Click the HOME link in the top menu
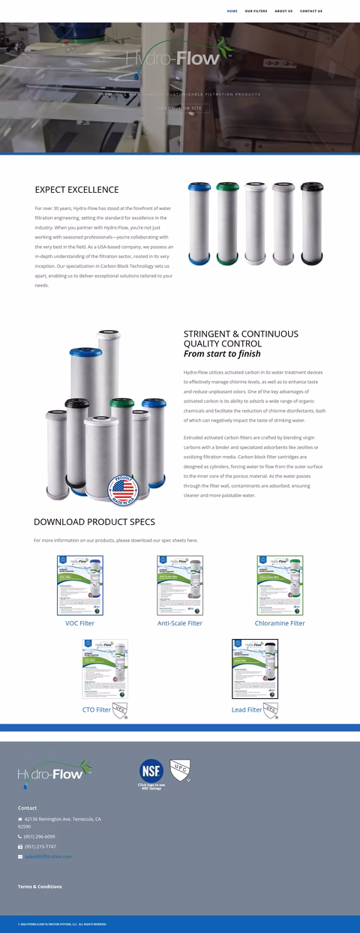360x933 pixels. (x=232, y=11)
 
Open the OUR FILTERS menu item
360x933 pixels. (x=256, y=11)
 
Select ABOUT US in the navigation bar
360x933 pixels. (x=283, y=11)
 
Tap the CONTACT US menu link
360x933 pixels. (x=311, y=11)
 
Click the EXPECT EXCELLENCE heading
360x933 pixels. (x=76, y=190)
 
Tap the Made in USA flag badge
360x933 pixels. (x=124, y=490)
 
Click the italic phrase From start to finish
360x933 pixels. (x=222, y=354)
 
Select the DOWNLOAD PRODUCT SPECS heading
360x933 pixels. (x=94, y=522)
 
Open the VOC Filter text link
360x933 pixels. (x=80, y=623)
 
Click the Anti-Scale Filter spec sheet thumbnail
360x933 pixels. (x=180, y=586)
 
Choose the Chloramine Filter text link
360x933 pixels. (x=280, y=623)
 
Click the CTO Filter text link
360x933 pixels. (x=97, y=709)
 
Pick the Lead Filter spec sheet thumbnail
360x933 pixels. (x=254, y=669)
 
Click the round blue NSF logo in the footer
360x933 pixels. (x=151, y=770)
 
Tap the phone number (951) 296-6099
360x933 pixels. (x=40, y=836)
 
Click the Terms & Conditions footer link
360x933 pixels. (x=40, y=886)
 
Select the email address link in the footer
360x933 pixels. (x=48, y=856)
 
